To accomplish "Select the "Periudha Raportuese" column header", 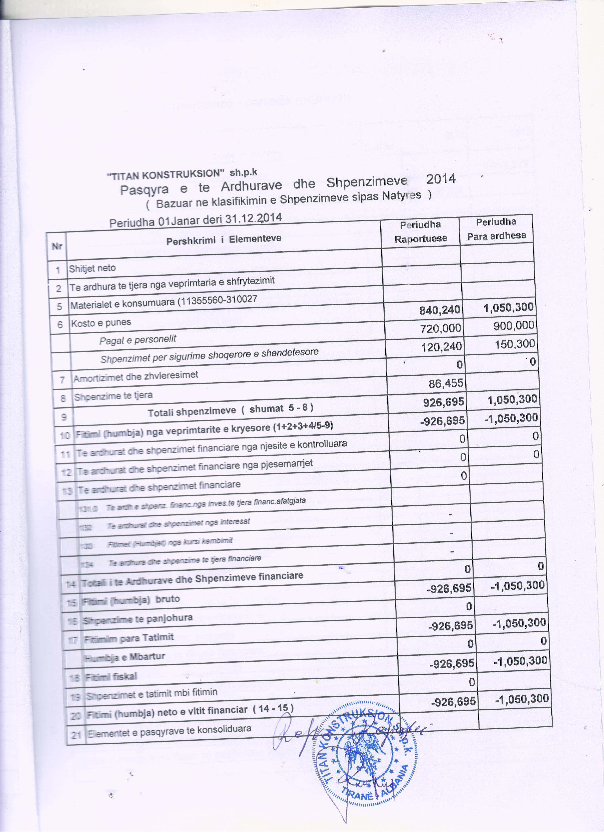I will click(421, 232).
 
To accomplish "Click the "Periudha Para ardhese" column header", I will click(496, 229).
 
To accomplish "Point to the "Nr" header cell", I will click(57, 246).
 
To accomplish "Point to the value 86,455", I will click(446, 384).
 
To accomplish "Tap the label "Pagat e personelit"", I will click(137, 340).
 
